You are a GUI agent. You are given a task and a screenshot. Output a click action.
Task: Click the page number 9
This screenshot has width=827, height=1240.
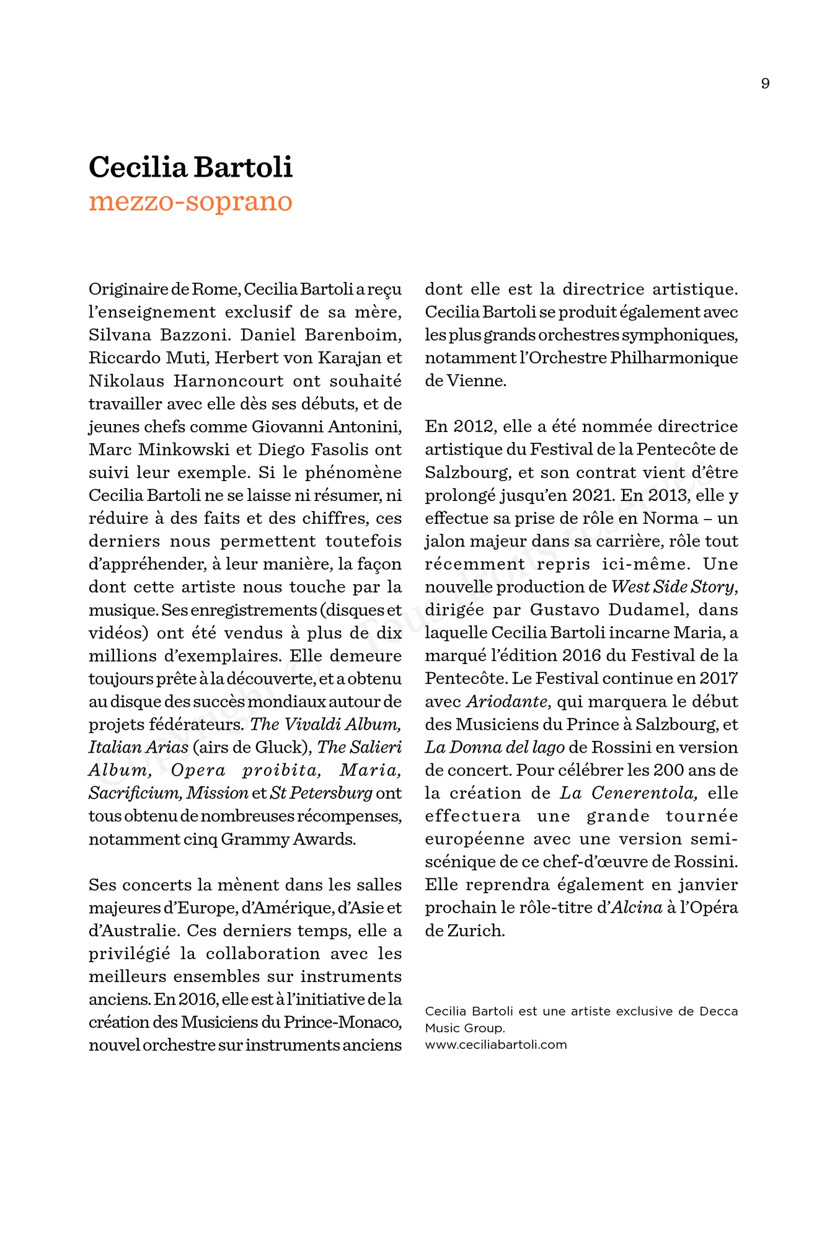765,84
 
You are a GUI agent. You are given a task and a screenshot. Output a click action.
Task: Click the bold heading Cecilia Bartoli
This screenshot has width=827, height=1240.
190,167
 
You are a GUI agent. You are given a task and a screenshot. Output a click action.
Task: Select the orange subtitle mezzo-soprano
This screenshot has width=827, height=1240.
190,202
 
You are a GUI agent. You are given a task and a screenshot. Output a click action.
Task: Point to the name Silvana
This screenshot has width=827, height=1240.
120,335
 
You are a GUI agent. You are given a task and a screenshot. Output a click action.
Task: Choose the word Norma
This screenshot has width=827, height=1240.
670,518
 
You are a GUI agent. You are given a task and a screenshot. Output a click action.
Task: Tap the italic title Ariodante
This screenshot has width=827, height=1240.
506,702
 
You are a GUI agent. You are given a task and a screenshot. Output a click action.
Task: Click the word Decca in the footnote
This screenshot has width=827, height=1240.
719,1011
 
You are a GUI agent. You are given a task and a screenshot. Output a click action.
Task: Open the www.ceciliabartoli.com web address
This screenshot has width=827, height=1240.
496,1045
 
